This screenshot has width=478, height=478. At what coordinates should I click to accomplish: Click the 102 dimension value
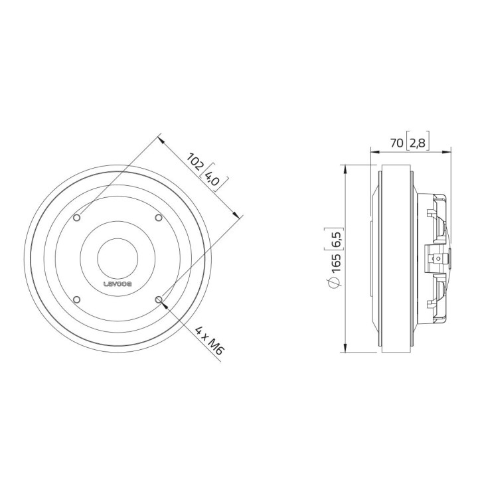[x=196, y=162]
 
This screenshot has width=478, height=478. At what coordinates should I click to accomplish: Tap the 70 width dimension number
[x=396, y=141]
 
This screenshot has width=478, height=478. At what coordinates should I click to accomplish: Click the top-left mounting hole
[x=78, y=218]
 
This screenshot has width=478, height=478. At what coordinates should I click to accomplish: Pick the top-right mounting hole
[x=158, y=218]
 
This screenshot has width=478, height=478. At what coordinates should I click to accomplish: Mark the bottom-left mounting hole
[x=78, y=299]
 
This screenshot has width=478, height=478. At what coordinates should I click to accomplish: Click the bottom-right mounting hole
[x=158, y=299]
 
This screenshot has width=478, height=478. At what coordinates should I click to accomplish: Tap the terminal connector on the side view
[x=436, y=258]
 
